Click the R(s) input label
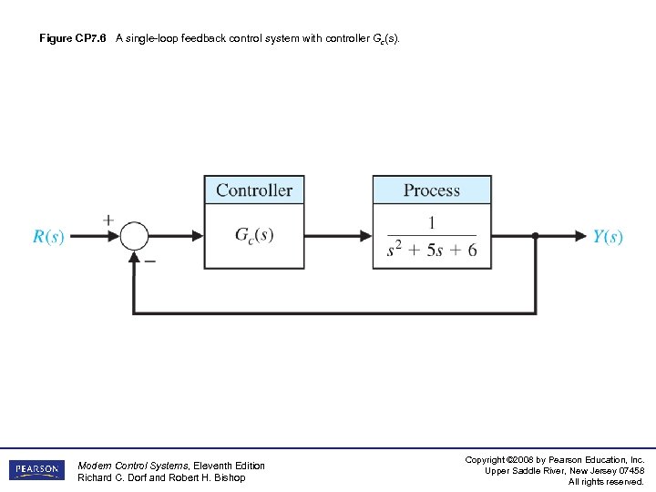48,237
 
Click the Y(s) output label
607,237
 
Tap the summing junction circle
134,236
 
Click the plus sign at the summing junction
108,220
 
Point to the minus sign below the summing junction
150,261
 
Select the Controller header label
253,190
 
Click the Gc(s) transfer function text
253,235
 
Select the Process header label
431,190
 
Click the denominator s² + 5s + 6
431,250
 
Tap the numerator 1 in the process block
431,222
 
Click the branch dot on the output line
535,236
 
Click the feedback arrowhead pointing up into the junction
134,258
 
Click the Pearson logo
36,470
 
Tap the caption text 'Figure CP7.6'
73,39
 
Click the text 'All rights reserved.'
606,481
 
